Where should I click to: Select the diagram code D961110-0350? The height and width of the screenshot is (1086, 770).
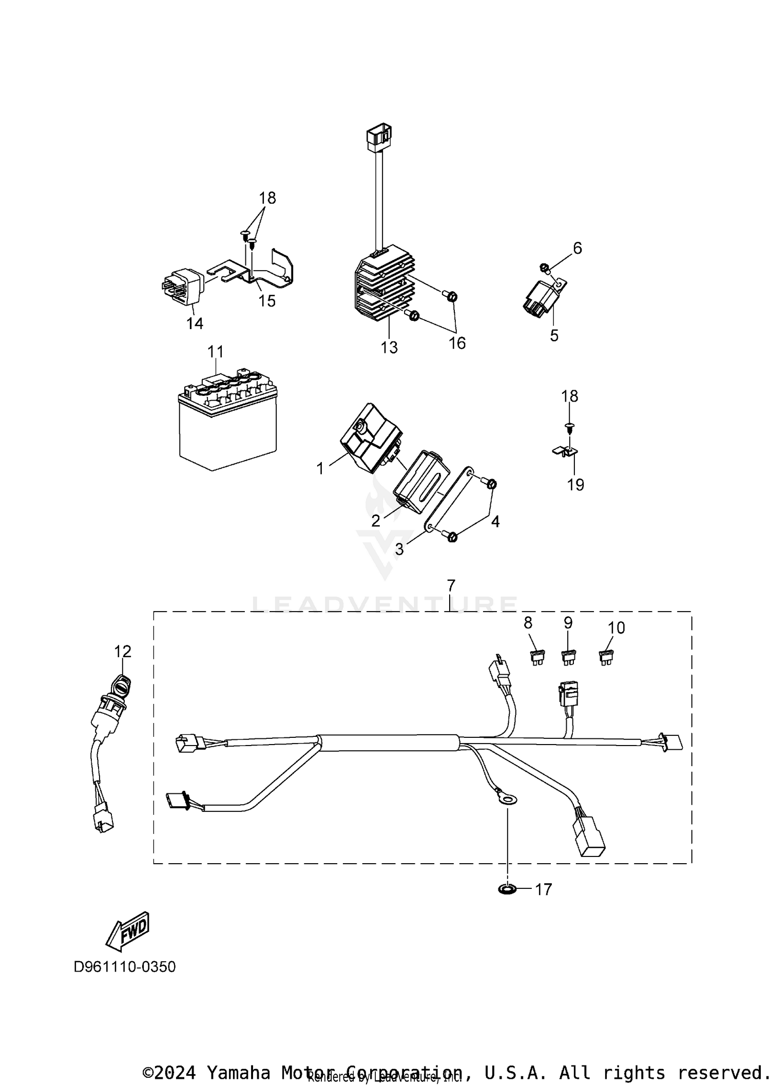125,966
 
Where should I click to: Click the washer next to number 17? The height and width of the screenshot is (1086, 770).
508,888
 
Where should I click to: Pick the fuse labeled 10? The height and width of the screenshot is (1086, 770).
606,657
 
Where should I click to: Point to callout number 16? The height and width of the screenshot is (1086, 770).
457,342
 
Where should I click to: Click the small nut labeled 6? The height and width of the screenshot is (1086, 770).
545,267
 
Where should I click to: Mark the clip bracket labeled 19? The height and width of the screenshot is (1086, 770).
565,451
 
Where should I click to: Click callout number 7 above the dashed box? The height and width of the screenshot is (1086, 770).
451,585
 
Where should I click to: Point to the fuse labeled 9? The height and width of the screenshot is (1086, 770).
568,657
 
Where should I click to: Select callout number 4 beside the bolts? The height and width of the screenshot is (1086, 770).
495,521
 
